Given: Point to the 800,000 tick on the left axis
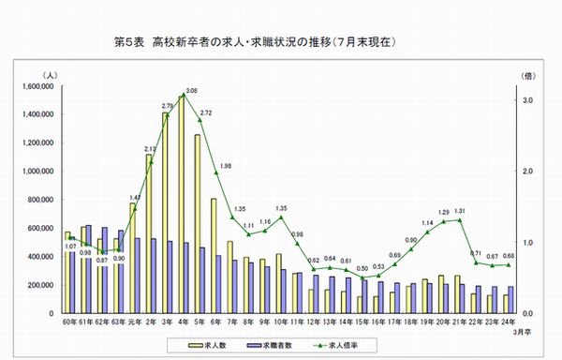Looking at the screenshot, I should click(38, 200).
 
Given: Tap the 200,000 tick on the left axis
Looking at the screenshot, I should click(38, 284).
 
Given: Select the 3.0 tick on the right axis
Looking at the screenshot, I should click(527, 100).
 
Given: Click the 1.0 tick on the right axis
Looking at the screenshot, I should click(527, 242).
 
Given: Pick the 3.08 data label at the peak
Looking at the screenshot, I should click(191, 91).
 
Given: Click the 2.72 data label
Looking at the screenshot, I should click(206, 112).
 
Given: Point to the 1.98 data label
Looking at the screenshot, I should click(225, 166).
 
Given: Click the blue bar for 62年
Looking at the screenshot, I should click(104, 270).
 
